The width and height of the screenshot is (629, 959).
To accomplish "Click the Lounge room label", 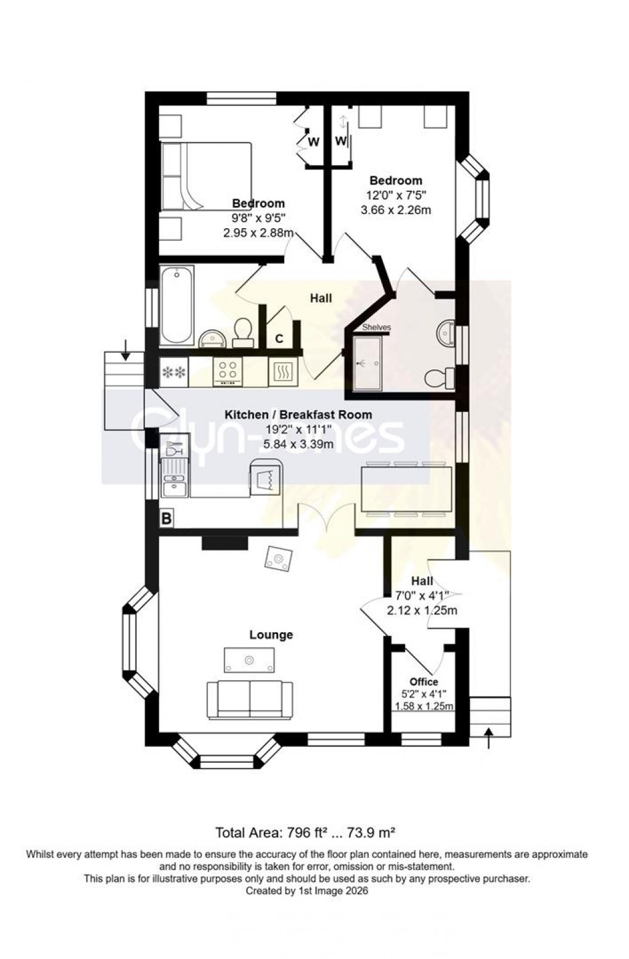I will (271, 635).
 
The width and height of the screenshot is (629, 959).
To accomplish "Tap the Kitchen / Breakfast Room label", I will (298, 414).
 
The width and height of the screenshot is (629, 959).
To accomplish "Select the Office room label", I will (423, 681).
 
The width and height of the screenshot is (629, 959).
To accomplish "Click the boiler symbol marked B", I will (166, 519).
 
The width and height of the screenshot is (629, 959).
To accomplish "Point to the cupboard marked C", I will (279, 339).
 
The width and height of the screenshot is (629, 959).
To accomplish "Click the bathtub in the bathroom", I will (177, 305).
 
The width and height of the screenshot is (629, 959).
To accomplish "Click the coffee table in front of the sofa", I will (249, 661).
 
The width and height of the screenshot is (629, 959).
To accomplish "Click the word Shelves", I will (376, 327).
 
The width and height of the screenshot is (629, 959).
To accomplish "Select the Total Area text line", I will (305, 833).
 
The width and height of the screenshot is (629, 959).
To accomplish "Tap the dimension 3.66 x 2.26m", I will (395, 210).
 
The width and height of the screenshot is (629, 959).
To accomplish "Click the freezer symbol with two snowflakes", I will (173, 372).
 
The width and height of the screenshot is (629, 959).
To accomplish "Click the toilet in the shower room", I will (442, 378).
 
